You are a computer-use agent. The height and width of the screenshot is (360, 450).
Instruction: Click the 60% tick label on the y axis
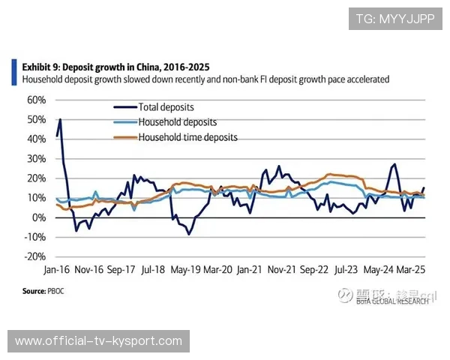[x=37, y=100]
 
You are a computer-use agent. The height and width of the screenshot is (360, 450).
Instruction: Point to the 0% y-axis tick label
[x=39, y=217]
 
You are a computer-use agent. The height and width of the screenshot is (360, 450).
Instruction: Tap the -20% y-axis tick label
[x=35, y=256]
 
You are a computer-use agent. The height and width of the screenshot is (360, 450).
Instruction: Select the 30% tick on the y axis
[x=37, y=158]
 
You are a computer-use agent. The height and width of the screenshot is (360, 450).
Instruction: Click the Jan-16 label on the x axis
[x=56, y=268]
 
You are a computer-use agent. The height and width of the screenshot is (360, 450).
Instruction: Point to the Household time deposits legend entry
[x=187, y=137]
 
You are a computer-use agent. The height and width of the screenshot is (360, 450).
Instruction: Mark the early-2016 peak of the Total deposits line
[x=60, y=120]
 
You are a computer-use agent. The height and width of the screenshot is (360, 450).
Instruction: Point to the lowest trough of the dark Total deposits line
[x=189, y=234]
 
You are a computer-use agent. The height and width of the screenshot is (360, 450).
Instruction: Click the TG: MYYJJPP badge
[x=395, y=19]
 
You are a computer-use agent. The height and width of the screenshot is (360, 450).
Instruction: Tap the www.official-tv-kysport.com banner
[x=99, y=341]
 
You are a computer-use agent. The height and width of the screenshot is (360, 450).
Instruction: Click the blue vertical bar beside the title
[x=14, y=72]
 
